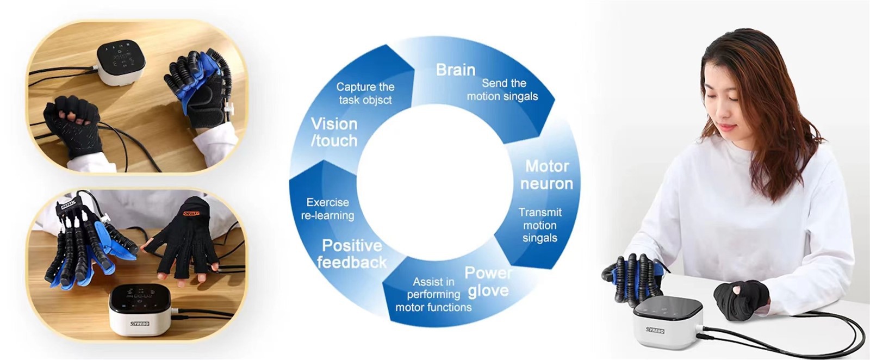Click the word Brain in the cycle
click(456, 70)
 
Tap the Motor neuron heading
click(546, 175)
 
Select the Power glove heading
click(488, 282)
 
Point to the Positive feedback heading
click(352, 254)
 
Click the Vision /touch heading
click(334, 133)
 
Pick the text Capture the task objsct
click(365, 93)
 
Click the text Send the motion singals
click(502, 90)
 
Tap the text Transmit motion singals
click(540, 225)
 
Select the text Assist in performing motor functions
click(433, 294)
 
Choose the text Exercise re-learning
click(327, 209)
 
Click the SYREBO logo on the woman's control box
click(655, 330)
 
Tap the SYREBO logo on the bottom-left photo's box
click(139, 323)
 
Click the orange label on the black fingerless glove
click(191, 213)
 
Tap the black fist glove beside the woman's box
click(741, 300)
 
